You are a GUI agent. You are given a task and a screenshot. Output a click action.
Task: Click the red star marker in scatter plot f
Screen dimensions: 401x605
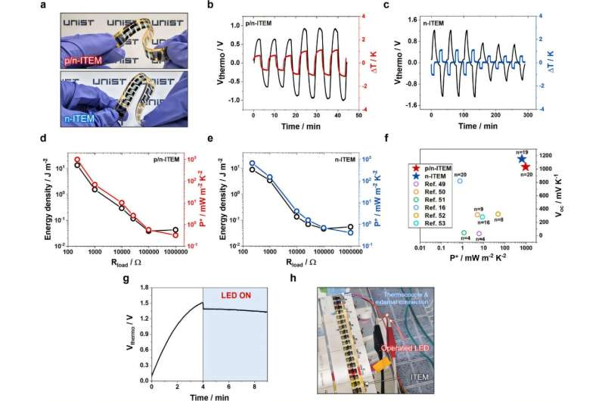pyautogui.click(x=526, y=167)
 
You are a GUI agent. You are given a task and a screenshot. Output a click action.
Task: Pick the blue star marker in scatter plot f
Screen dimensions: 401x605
pyautogui.click(x=521, y=159)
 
